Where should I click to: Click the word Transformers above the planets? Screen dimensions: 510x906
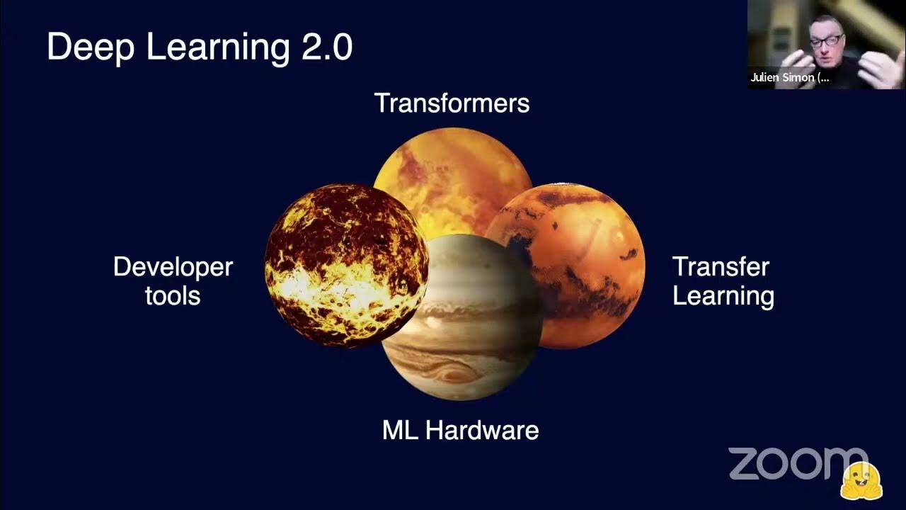click(x=452, y=103)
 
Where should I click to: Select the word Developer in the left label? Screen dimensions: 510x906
click(x=173, y=267)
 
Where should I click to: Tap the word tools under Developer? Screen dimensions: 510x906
click(x=173, y=295)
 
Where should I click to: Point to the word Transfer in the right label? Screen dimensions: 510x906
click(x=721, y=267)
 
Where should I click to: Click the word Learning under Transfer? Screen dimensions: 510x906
click(x=723, y=295)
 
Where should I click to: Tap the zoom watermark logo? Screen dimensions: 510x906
click(x=793, y=463)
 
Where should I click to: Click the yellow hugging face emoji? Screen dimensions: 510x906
click(x=861, y=482)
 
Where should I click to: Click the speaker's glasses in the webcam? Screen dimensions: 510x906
click(x=826, y=40)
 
